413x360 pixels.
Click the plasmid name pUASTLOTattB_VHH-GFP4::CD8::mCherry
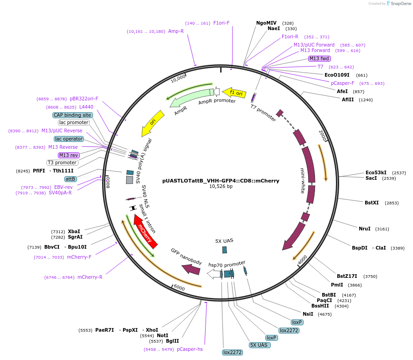(221, 180)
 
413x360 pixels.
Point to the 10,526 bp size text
(221, 187)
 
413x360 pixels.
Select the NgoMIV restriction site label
(266, 23)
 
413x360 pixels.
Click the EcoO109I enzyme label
(337, 75)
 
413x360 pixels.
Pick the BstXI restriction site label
(372, 202)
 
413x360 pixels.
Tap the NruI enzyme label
(364, 229)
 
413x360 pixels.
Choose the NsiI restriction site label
(308, 314)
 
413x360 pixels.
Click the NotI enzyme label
(162, 335)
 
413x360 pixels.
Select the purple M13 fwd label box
(320, 58)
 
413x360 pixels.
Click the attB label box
(70, 179)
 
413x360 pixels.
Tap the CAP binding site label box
(73, 115)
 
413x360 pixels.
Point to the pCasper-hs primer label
(190, 349)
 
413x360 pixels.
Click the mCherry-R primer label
(89, 277)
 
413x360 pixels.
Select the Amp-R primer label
(176, 31)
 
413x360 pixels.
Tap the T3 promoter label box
(62, 162)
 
